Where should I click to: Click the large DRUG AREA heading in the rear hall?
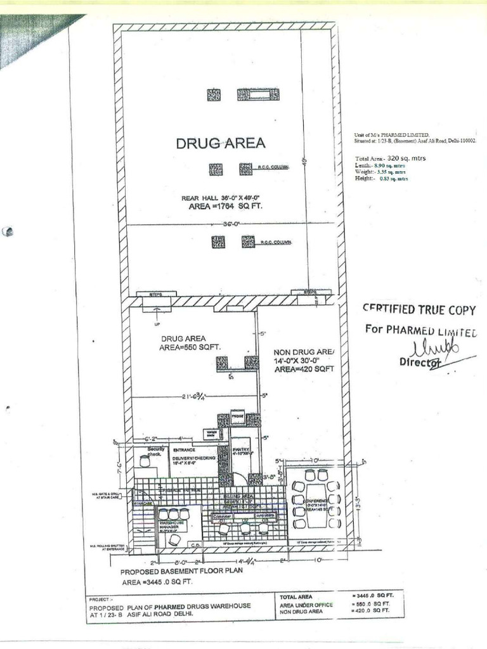pyautogui.click(x=221, y=143)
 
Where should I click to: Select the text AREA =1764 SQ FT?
pyautogui.click(x=221, y=207)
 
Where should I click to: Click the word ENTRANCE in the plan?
pyautogui.click(x=183, y=449)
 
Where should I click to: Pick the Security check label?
pyautogui.click(x=155, y=451)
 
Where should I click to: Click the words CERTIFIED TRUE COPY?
pyautogui.click(x=419, y=309)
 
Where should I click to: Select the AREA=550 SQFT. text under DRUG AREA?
pyautogui.click(x=190, y=347)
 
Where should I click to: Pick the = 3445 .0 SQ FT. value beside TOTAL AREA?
pyautogui.click(x=372, y=596)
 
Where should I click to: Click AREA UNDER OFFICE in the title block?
pyautogui.click(x=306, y=605)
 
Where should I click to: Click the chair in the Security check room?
pyautogui.click(x=145, y=462)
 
